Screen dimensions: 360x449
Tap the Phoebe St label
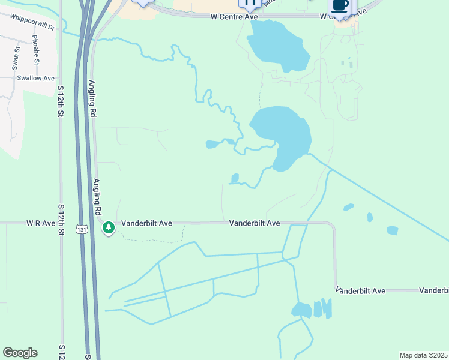pyautogui.click(x=35, y=50)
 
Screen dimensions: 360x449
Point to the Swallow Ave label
pyautogui.click(x=35, y=78)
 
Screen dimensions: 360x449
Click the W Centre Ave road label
pyautogui.click(x=234, y=17)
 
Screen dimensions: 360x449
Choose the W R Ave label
pyautogui.click(x=37, y=223)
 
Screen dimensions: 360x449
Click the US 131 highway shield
pyautogui.click(x=82, y=229)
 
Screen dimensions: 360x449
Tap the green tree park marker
pyautogui.click(x=109, y=227)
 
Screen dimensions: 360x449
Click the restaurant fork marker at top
pyautogui.click(x=250, y=3)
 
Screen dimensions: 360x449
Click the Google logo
pyautogui.click(x=20, y=352)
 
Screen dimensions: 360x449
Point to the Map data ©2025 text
pyautogui.click(x=423, y=355)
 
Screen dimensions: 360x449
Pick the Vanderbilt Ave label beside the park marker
pyautogui.click(x=146, y=223)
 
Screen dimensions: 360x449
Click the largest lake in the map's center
pyautogui.click(x=282, y=135)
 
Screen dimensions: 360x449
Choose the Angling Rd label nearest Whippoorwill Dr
pyautogui.click(x=92, y=98)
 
